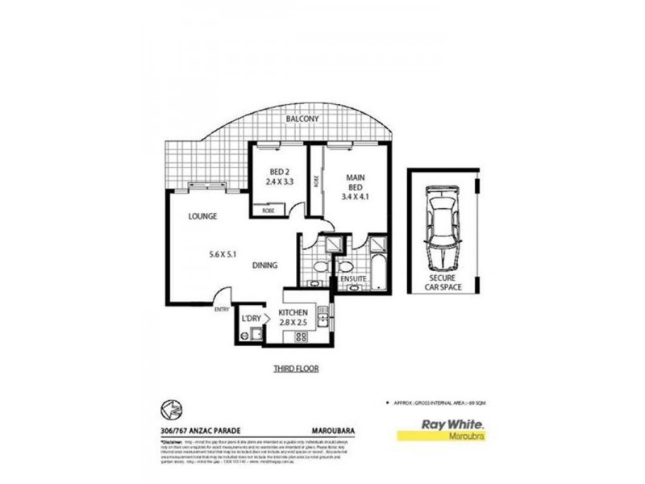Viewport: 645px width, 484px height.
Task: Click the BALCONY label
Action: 302,119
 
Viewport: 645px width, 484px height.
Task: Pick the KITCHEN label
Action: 293,313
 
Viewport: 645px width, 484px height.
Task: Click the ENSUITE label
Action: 353,278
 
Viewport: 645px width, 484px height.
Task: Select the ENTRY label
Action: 221,308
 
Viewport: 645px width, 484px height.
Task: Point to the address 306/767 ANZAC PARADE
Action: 198,429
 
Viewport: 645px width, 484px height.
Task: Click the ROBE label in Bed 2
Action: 267,211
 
